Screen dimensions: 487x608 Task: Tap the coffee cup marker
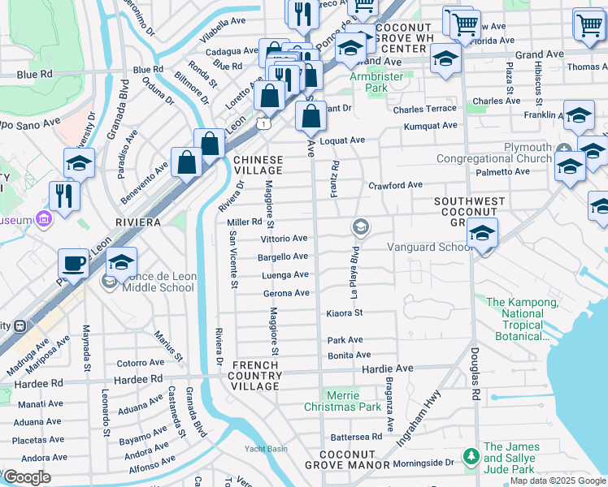tap(73, 264)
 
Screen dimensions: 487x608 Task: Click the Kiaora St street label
tap(343, 312)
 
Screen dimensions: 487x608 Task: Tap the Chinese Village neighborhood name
tap(258, 165)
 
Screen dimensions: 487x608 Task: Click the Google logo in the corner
tap(27, 476)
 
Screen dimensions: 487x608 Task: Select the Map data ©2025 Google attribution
tap(558, 481)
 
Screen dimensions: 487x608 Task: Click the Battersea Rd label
tap(355, 437)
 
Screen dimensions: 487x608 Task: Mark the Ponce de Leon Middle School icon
tap(108, 282)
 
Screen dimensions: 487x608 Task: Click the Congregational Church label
tap(493, 159)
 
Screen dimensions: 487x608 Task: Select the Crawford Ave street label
tap(395, 185)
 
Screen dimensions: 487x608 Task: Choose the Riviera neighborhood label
tap(137, 222)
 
